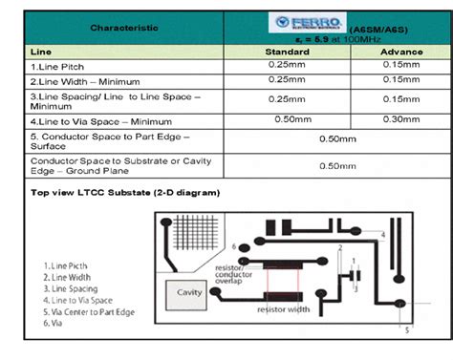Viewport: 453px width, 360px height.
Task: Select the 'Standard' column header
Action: click(287, 50)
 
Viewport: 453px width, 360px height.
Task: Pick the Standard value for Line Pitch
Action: click(287, 64)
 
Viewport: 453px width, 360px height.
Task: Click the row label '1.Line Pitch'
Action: click(60, 64)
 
